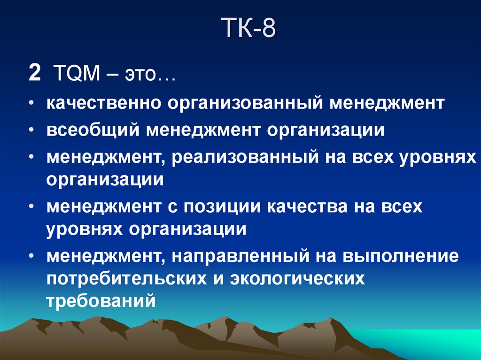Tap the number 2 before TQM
pyautogui.click(x=34, y=74)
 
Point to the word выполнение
pyautogui.click(x=400, y=256)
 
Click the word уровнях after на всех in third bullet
pyautogui.click(x=438, y=157)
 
